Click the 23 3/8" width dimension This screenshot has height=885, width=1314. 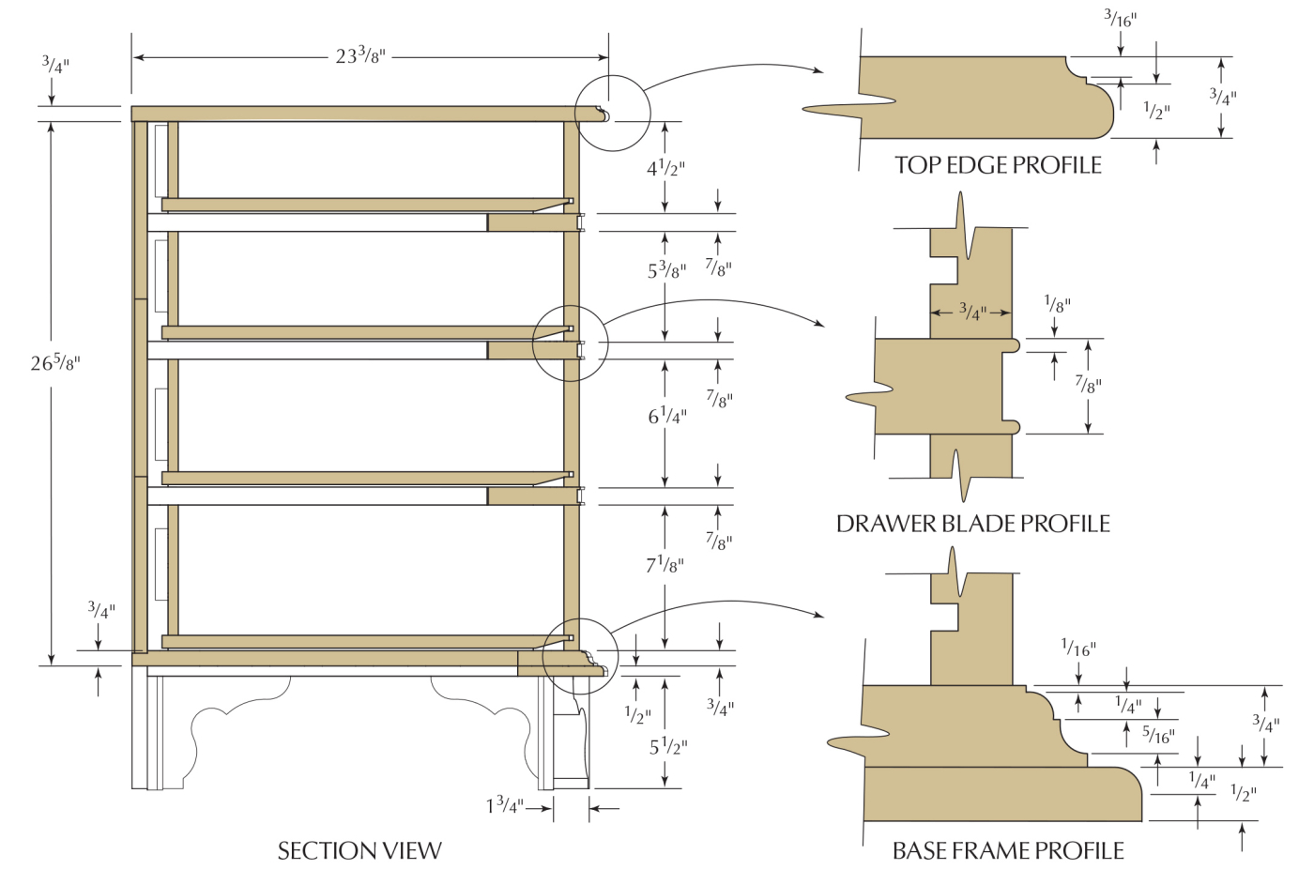[360, 56]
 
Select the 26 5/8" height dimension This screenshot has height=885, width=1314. [55, 362]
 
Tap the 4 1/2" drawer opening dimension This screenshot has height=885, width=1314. [665, 168]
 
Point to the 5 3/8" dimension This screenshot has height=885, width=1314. [666, 270]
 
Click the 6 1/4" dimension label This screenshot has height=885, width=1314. [667, 416]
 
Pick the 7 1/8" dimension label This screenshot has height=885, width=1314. [665, 565]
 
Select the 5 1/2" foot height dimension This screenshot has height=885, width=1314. [668, 746]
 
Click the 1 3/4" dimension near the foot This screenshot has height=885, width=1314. [504, 805]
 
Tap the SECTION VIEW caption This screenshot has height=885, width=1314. [359, 850]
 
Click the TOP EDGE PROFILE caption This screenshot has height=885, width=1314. [998, 165]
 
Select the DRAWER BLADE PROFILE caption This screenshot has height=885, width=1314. [972, 524]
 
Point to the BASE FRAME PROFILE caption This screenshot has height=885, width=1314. [1008, 850]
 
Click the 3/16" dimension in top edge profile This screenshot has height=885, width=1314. [1120, 18]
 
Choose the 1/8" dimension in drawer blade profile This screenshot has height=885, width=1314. [1057, 304]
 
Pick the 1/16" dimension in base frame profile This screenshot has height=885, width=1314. [1078, 648]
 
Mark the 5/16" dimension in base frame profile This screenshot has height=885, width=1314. [1158, 736]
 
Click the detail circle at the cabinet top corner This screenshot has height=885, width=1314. [612, 113]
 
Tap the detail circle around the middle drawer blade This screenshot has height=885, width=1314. [570, 343]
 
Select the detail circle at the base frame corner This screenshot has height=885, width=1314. [580, 656]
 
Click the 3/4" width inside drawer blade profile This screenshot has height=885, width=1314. [972, 312]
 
